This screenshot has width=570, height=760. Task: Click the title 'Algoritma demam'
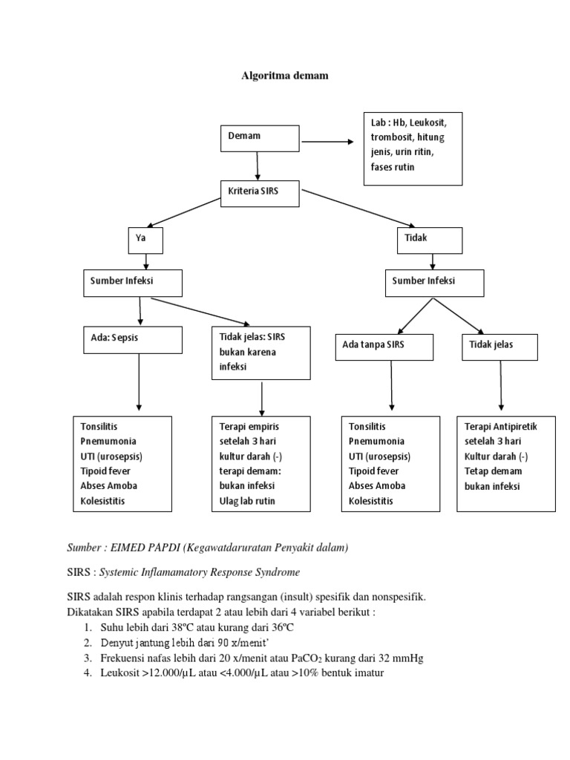point(286,76)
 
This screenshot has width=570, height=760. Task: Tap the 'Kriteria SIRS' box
point(260,193)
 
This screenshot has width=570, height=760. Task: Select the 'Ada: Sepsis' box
point(132,340)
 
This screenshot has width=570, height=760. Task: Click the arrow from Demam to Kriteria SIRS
point(258,166)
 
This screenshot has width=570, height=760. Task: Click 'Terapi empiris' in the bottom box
point(248,427)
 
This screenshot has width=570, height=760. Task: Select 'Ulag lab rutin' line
point(249,501)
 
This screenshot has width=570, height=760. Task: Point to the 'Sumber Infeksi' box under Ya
point(132,282)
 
